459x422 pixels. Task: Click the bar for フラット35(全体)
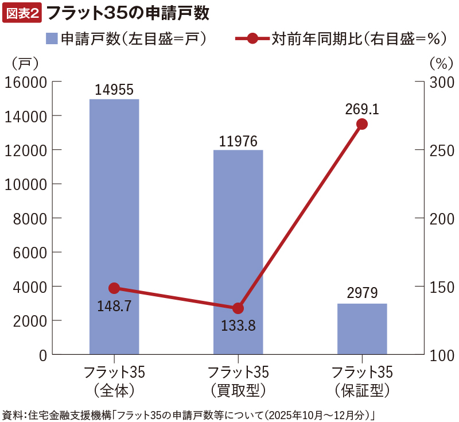coord(114,227)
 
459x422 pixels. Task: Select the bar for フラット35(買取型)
coord(238,253)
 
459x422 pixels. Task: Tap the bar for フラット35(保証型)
coord(362,329)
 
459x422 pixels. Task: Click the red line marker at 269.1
coord(362,124)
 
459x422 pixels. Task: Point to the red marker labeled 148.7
coord(114,288)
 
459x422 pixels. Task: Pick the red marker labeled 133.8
coord(238,308)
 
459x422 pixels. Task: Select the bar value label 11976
coord(238,141)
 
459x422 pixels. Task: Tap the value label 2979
coord(362,294)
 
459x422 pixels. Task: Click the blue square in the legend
coord(52,39)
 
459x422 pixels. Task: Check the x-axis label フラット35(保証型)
coord(362,381)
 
